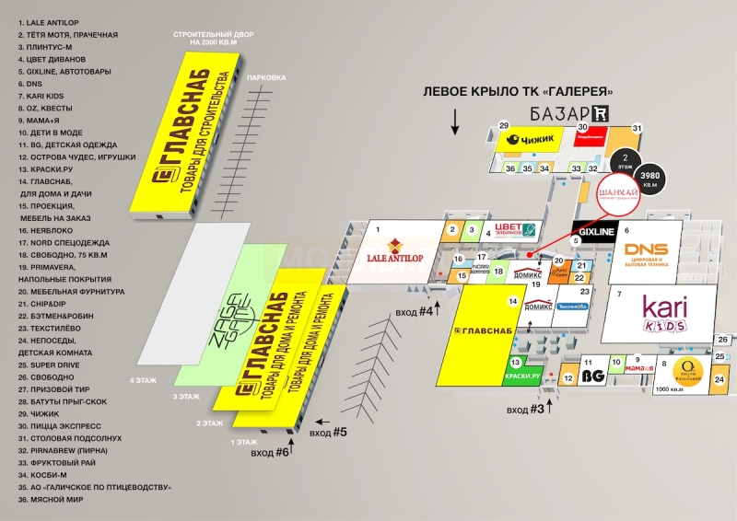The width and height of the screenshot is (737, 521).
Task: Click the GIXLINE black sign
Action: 592,232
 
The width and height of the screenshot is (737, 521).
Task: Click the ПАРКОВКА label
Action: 266,78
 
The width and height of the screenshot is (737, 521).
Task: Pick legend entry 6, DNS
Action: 30,84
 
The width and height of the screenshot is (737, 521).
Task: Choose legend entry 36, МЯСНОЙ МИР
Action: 51,499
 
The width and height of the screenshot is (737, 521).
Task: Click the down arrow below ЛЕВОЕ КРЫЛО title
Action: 454,120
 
